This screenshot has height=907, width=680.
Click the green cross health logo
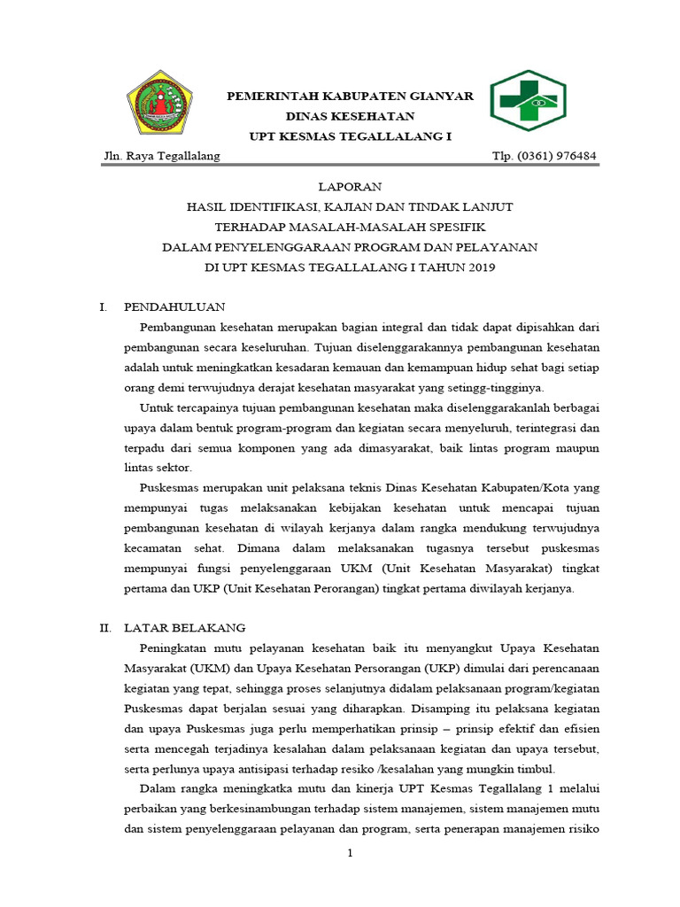click(528, 100)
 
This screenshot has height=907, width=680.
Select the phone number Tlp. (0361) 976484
click(544, 156)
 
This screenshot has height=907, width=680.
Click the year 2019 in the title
click(481, 266)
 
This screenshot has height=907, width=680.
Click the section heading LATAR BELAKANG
click(184, 627)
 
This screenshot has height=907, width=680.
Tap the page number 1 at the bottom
click(350, 853)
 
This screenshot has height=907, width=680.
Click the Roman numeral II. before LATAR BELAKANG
click(104, 627)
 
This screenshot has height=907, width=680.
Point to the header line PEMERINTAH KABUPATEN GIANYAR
click(350, 97)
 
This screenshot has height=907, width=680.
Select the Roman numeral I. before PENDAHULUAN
click(103, 306)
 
